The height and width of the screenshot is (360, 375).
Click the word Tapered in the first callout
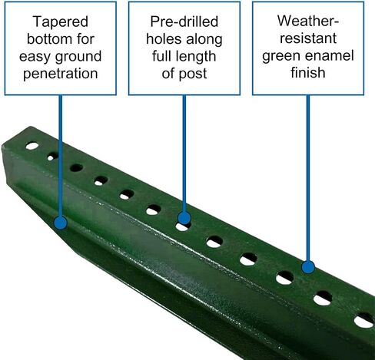61,21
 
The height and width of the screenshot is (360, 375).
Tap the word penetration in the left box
61,74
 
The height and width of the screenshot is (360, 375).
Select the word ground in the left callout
78,57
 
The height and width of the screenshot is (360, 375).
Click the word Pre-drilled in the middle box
184,21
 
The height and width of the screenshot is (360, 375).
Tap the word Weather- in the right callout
308,21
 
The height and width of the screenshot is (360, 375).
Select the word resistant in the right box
308,38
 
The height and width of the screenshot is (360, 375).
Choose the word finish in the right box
308,72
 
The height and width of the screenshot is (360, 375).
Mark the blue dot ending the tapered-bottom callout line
61,223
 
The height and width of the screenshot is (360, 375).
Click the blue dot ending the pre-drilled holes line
184,218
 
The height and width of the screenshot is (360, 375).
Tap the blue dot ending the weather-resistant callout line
308,267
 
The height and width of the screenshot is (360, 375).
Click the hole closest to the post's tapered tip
32,146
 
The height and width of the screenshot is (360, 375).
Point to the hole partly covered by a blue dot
182,226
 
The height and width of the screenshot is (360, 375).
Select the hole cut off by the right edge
364,321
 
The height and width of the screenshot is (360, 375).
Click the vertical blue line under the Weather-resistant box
308,178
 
